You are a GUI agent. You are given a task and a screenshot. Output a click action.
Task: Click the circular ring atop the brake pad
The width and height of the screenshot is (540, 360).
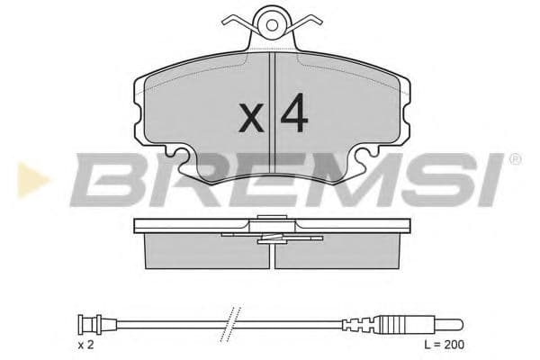[x=272, y=21]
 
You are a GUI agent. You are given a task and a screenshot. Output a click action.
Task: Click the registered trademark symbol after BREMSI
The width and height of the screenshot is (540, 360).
[x=515, y=159]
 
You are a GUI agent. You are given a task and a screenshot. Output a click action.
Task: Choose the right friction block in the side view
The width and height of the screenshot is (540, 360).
[x=337, y=251]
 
